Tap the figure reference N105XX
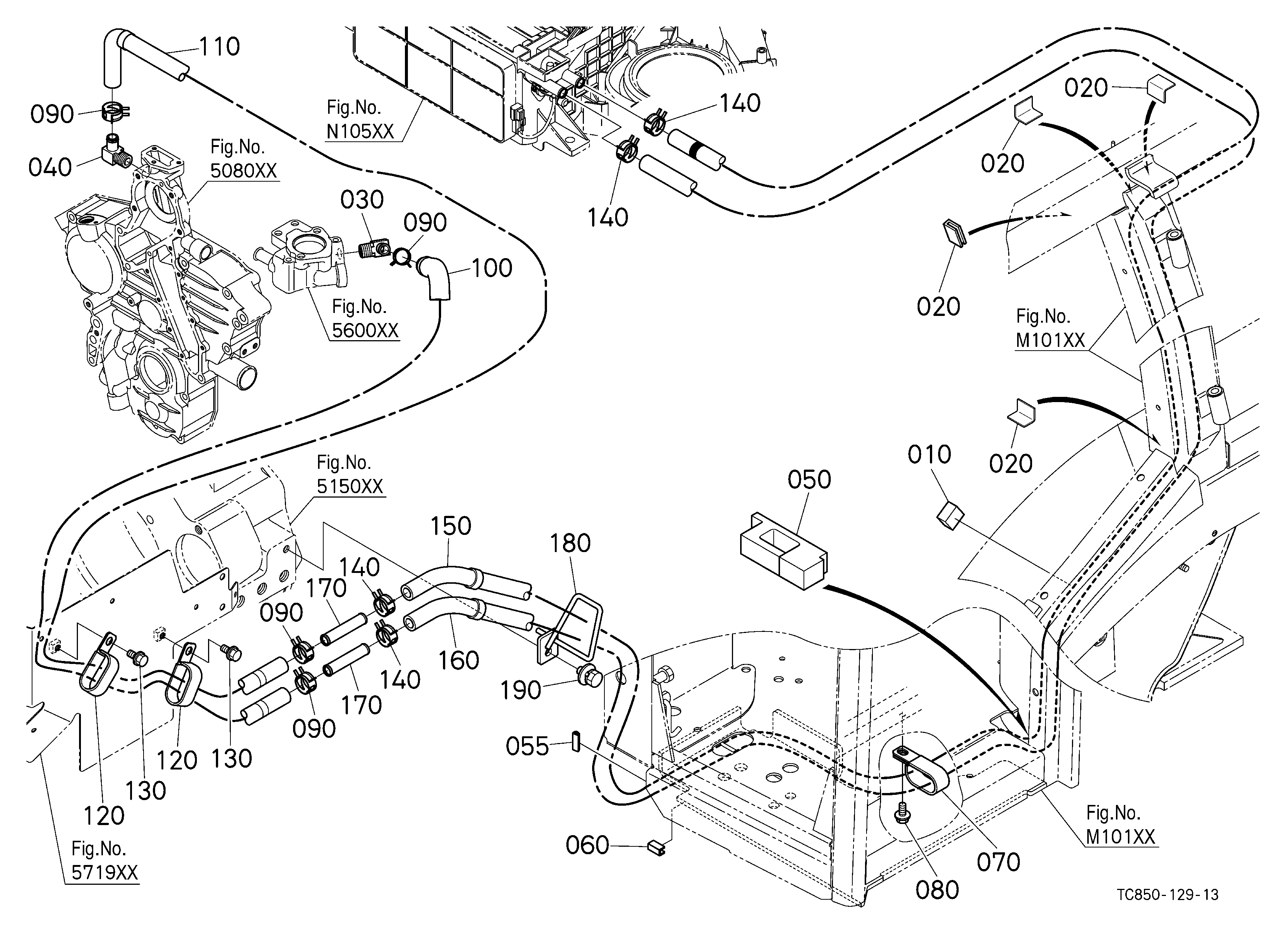[x=360, y=132]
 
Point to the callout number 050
[x=809, y=480]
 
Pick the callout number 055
[x=527, y=746]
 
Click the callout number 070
[x=999, y=862]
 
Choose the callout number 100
[x=491, y=268]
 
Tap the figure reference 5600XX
[x=365, y=330]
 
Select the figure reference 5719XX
[x=105, y=872]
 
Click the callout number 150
[x=451, y=526]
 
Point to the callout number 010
[x=929, y=455]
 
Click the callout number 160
[x=459, y=661]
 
